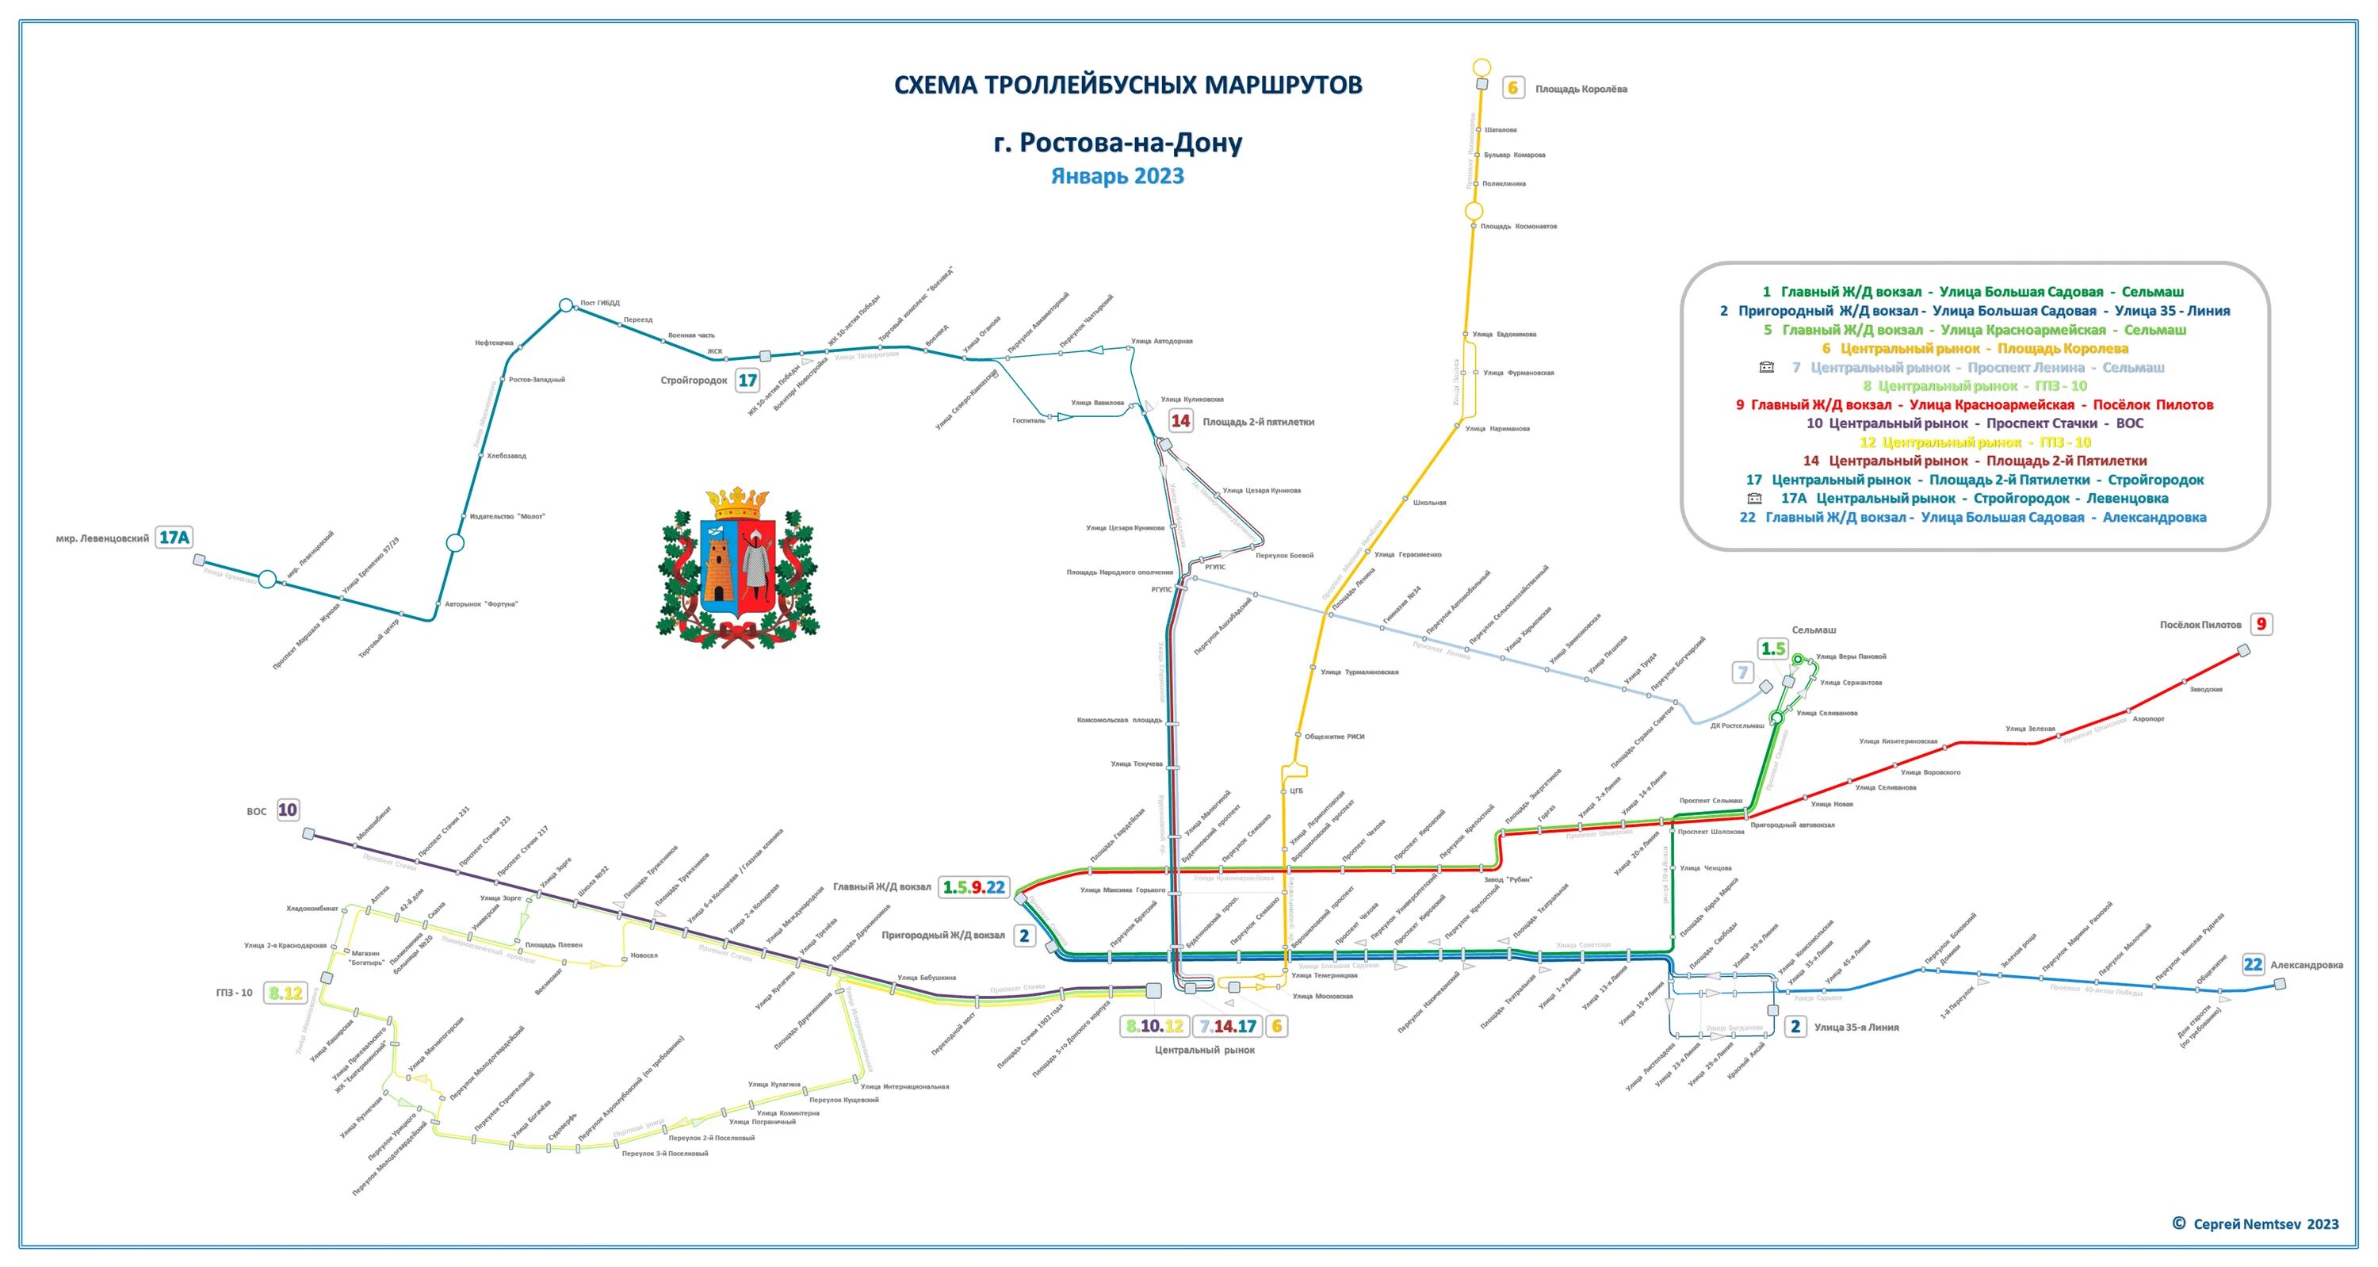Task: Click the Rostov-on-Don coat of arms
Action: click(738, 565)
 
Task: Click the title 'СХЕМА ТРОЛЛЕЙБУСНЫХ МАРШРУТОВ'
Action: click(1127, 85)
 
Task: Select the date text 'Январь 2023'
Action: click(1117, 176)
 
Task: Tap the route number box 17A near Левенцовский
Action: click(174, 538)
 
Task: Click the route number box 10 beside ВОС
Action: click(287, 810)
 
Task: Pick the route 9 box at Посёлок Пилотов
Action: click(2261, 624)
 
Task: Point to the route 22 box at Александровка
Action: click(2253, 964)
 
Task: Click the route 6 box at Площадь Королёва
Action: click(1512, 89)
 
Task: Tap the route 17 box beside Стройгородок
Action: click(747, 380)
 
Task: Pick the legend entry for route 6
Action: click(1975, 348)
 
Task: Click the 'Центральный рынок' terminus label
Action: click(1204, 1050)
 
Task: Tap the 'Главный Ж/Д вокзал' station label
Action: click(881, 886)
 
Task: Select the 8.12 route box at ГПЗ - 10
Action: click(285, 993)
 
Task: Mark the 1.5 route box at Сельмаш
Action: click(1772, 649)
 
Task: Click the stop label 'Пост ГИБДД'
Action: click(600, 303)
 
